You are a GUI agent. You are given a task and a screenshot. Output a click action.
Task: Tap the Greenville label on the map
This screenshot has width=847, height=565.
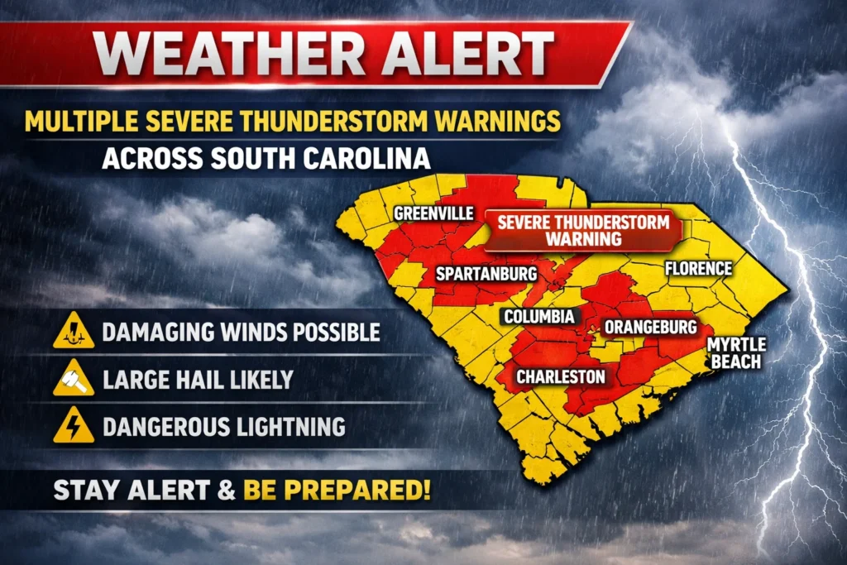click(x=433, y=213)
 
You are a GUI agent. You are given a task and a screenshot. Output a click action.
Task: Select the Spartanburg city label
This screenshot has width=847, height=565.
click(x=486, y=273)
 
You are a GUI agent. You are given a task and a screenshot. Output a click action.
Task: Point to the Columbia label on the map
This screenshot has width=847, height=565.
click(x=538, y=317)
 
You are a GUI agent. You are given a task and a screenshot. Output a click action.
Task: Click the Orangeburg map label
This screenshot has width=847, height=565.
click(x=650, y=327)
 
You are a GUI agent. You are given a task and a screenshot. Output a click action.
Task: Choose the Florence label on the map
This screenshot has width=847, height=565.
click(x=698, y=268)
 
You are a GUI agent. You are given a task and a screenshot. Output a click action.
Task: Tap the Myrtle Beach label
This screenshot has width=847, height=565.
click(x=736, y=352)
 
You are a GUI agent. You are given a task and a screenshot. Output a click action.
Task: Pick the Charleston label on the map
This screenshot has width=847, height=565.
click(x=561, y=377)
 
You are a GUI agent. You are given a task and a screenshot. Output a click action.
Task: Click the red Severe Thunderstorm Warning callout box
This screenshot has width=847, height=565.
click(x=582, y=230)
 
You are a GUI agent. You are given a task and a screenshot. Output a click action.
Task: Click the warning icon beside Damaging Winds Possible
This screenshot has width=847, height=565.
click(x=74, y=333)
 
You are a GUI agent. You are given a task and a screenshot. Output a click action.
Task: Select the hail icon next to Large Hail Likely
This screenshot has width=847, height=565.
click(x=74, y=380)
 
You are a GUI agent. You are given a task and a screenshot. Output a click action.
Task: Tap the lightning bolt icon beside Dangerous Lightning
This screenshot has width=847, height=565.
click(x=74, y=426)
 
